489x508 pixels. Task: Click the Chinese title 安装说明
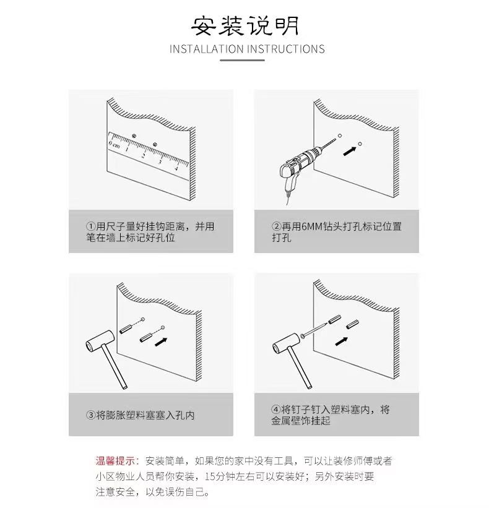pyautogui.click(x=244, y=25)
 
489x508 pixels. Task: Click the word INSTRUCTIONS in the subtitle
pyautogui.click(x=286, y=49)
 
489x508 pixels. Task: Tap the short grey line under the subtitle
pyautogui.click(x=243, y=60)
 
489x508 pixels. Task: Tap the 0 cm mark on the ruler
pyautogui.click(x=114, y=144)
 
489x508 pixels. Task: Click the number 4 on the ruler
pyautogui.click(x=176, y=168)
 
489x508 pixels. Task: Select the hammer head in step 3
pyautogui.click(x=100, y=341)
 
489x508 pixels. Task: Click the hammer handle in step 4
pyautogui.click(x=300, y=367)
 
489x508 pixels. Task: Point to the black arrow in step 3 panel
pyautogui.click(x=161, y=342)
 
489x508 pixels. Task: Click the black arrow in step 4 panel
pyautogui.click(x=341, y=341)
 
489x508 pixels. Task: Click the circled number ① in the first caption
pyautogui.click(x=91, y=226)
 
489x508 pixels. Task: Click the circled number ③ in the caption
pyautogui.click(x=91, y=415)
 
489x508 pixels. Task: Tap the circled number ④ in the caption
pyautogui.click(x=276, y=410)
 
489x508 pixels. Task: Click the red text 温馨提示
pyautogui.click(x=115, y=461)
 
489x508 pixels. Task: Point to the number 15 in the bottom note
pyautogui.click(x=210, y=476)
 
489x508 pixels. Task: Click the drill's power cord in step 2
pyautogui.click(x=287, y=198)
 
